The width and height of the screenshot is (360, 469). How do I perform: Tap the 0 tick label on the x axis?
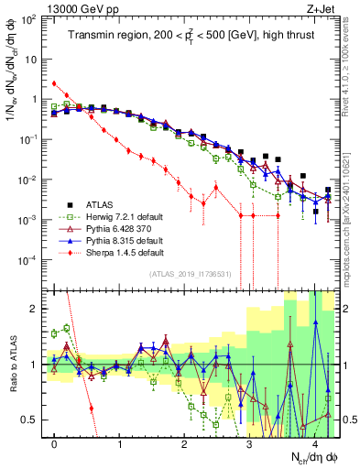point(55,443)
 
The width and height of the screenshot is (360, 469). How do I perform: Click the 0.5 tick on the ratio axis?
point(33,420)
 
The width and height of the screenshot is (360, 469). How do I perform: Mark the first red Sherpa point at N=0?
point(55,83)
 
